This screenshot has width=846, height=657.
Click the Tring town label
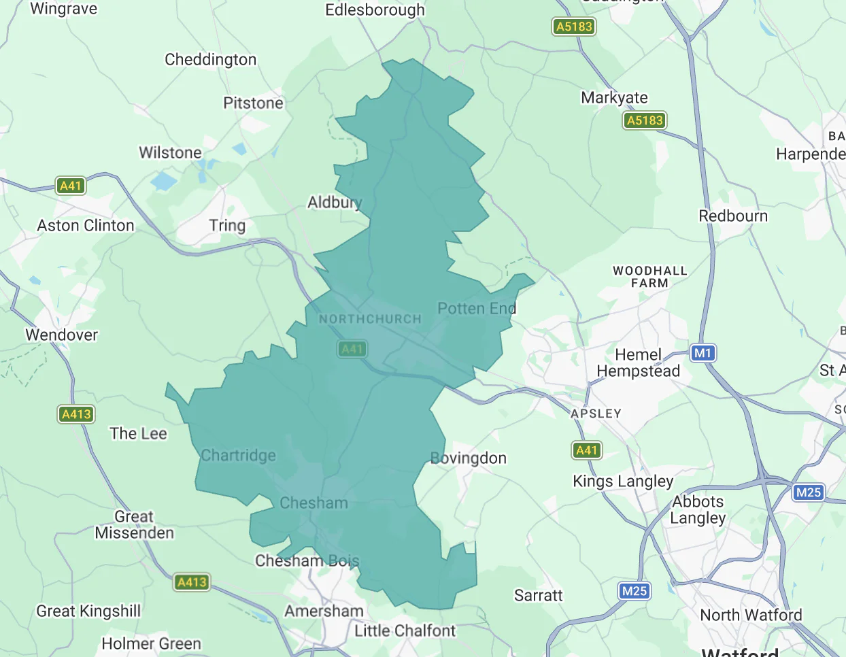click(x=227, y=225)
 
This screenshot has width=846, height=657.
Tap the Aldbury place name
click(x=334, y=203)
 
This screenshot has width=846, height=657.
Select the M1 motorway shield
click(x=703, y=353)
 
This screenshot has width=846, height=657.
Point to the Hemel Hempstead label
click(x=638, y=363)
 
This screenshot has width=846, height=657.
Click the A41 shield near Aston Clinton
click(x=71, y=186)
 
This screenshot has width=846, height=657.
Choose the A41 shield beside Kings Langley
click(x=586, y=450)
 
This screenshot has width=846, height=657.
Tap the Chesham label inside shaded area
click(x=314, y=503)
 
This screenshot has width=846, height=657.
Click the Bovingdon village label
click(x=469, y=458)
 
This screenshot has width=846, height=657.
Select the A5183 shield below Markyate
click(x=644, y=120)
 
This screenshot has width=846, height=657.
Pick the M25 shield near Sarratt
click(x=634, y=591)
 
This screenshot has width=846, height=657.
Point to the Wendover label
click(x=62, y=335)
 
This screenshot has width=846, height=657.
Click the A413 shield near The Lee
click(x=76, y=414)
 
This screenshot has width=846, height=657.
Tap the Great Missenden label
click(x=134, y=524)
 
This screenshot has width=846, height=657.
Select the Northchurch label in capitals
click(x=370, y=319)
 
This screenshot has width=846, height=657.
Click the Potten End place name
click(x=477, y=309)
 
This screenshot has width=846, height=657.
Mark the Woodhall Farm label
click(x=649, y=277)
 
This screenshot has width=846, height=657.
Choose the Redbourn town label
click(x=733, y=216)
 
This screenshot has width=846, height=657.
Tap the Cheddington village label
click(x=211, y=60)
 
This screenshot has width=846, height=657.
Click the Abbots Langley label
click(x=698, y=509)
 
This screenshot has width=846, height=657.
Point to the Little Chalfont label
click(x=405, y=631)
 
